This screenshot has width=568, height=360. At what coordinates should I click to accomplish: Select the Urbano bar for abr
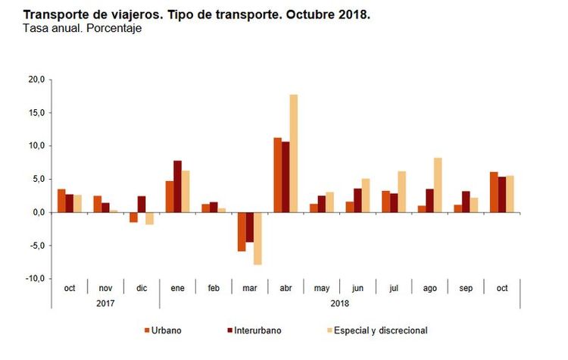coord(277,175)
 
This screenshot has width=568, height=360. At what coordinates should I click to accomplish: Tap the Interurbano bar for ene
coord(177,186)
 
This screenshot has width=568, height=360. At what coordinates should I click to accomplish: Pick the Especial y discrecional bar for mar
coord(257,238)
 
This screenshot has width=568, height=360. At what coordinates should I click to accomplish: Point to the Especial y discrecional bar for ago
coord(438,185)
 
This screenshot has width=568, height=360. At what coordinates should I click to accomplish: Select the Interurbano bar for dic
coord(142,204)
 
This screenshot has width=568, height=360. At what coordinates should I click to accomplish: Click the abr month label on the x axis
coord(285,289)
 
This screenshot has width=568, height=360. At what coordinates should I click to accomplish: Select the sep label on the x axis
coord(466,289)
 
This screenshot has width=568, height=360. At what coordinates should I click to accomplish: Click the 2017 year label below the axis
coord(105,303)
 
